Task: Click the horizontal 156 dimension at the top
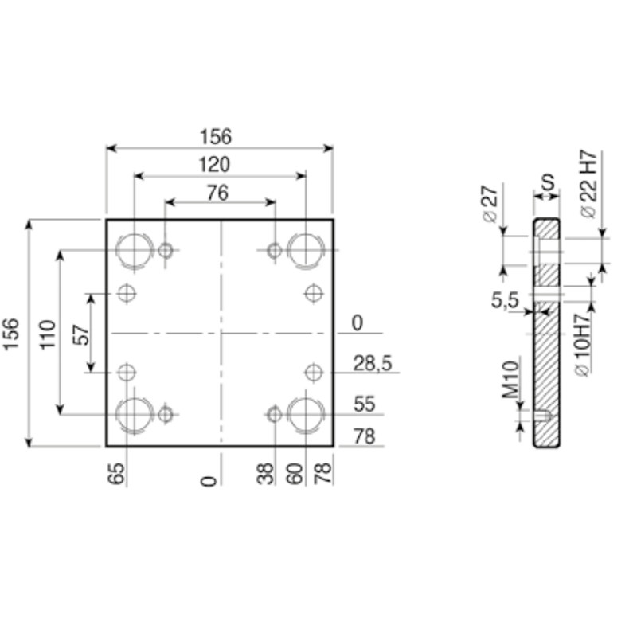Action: [x=216, y=136]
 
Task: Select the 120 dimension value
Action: [x=214, y=165]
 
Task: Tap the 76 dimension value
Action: [x=217, y=193]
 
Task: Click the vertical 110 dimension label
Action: [x=48, y=334]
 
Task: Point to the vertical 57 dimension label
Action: [x=82, y=334]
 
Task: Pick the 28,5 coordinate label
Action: [x=373, y=363]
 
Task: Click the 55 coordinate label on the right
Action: [x=364, y=404]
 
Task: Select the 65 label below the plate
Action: [x=116, y=474]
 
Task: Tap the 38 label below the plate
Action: [x=266, y=474]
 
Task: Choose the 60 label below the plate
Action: [x=295, y=474]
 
